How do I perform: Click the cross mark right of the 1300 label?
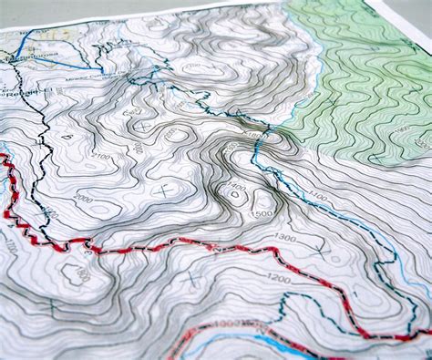click(321, 247)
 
